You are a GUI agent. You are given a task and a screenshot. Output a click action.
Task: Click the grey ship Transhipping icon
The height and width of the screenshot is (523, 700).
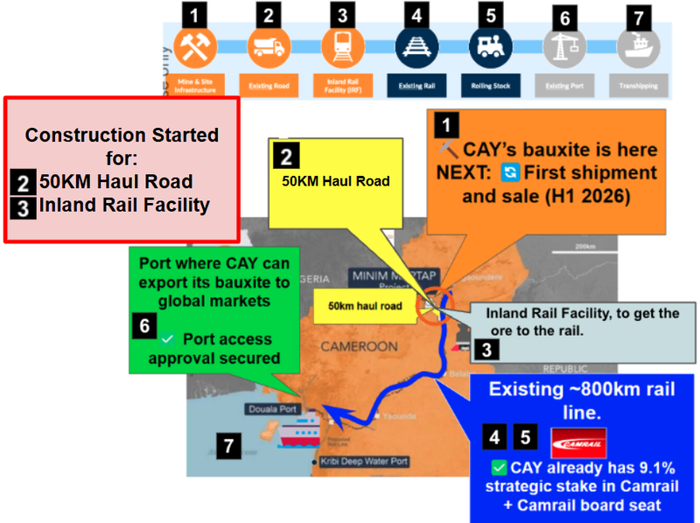pyautogui.click(x=637, y=48)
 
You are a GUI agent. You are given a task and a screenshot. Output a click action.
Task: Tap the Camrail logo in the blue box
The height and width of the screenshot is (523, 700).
pyautogui.click(x=579, y=443)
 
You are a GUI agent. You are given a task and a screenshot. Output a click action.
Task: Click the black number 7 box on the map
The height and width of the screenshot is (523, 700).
pyautogui.click(x=228, y=447)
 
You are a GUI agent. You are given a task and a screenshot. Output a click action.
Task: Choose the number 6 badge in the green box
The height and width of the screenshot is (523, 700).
pyautogui.click(x=144, y=324)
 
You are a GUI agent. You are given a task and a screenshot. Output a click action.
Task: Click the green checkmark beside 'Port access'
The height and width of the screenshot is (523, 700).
pyautogui.click(x=168, y=338)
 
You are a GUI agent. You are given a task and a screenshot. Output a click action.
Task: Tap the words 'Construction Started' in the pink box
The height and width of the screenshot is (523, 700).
pyautogui.click(x=122, y=136)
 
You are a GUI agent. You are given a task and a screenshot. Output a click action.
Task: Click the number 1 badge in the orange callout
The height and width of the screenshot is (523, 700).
pyautogui.click(x=446, y=124)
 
